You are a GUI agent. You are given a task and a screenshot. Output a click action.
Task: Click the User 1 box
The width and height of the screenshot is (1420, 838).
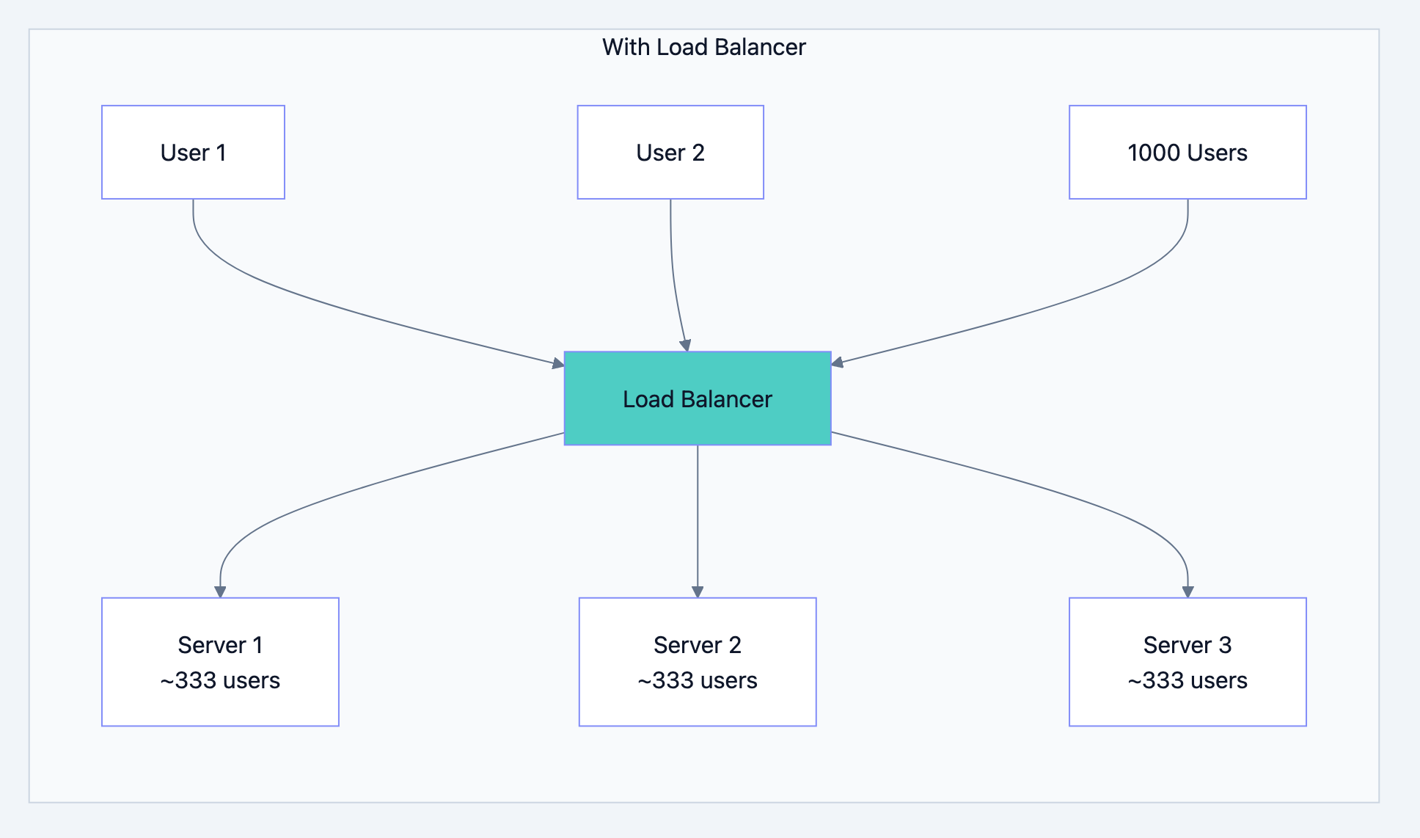(x=193, y=152)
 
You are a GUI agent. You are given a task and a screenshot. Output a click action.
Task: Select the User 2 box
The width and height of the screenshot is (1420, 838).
(x=670, y=152)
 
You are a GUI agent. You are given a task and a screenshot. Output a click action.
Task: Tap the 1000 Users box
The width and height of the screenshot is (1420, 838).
(x=1187, y=152)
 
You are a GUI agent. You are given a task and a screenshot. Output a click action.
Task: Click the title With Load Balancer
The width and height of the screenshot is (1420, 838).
(x=703, y=47)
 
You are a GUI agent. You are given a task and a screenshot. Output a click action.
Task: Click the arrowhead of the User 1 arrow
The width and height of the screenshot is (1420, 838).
(x=558, y=362)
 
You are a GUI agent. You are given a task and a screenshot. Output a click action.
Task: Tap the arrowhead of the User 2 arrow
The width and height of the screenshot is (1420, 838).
(x=686, y=346)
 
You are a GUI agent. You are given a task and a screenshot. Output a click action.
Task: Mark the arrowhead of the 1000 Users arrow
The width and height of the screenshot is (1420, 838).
(x=838, y=362)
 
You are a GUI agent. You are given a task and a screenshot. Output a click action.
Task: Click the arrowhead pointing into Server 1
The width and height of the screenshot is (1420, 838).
(x=220, y=591)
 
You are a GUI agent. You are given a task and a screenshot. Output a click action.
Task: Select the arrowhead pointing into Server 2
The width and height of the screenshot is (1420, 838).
(x=698, y=591)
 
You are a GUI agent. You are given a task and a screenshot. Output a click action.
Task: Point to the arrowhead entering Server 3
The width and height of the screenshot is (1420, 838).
(x=1187, y=591)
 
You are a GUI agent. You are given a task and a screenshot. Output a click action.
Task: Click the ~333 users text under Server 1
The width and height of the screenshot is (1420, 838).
(x=220, y=680)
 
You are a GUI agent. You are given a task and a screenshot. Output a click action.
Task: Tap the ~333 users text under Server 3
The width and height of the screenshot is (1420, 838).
(x=1187, y=680)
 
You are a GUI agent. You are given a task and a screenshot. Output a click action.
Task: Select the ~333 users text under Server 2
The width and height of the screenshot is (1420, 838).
(x=697, y=680)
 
